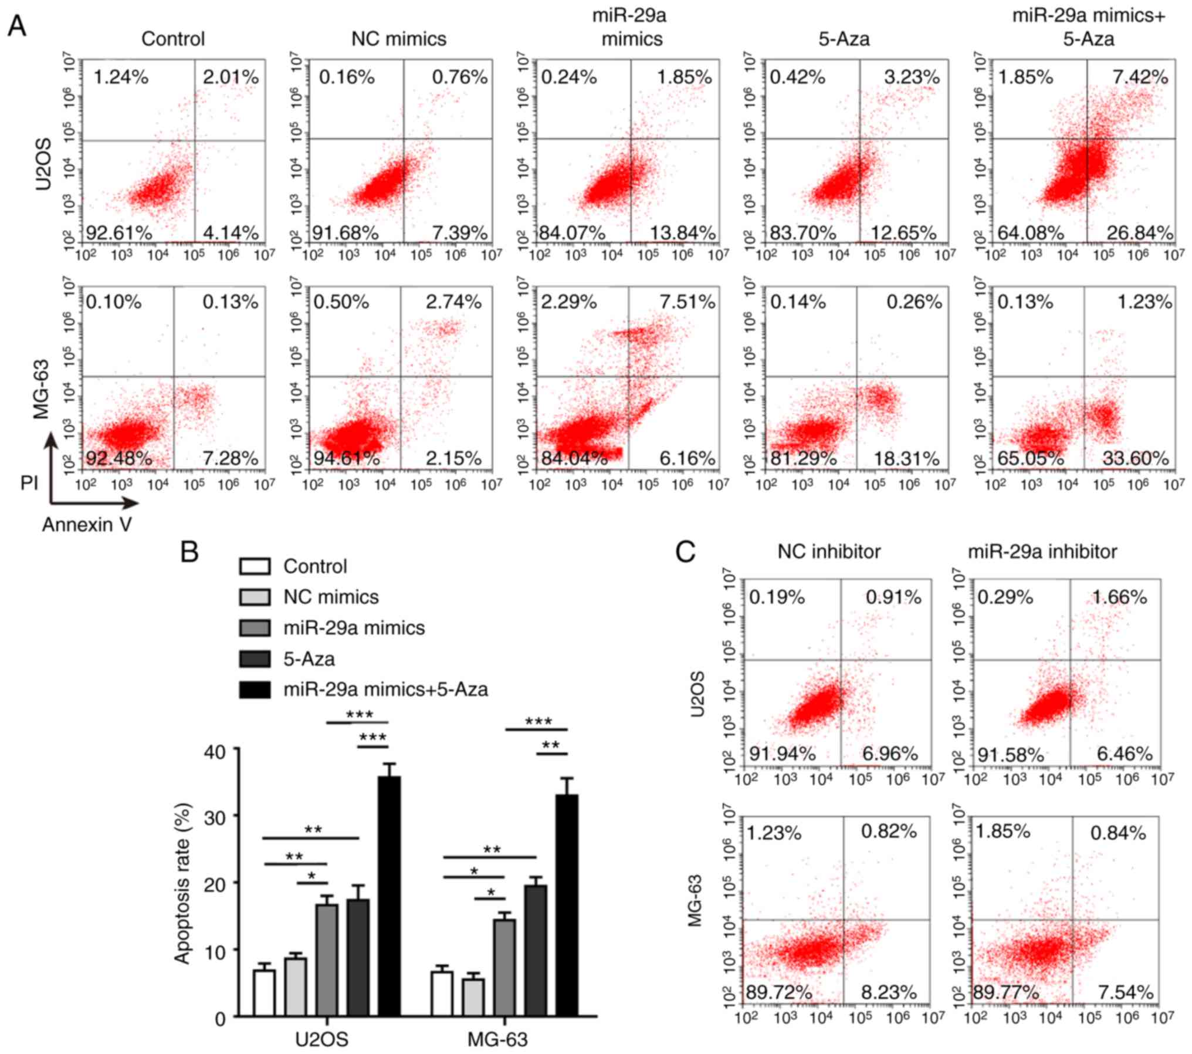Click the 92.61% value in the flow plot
(119, 232)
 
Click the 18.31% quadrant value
(906, 458)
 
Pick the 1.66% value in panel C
(1119, 597)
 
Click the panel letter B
(189, 552)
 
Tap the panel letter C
(686, 552)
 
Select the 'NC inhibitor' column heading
(829, 552)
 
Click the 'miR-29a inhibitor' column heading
(1042, 552)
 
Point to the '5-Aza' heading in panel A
(844, 39)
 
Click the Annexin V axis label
(87, 525)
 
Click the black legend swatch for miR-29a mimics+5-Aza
(255, 690)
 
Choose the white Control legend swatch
(255, 566)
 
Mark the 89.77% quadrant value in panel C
(1006, 992)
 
